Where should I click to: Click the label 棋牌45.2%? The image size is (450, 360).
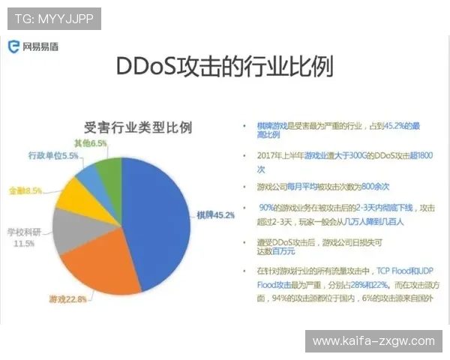tap(216, 214)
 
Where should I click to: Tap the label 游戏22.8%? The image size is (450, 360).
tap(68, 299)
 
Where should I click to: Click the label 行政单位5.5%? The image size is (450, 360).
tap(53, 156)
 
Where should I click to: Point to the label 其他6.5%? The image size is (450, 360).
tap(91, 142)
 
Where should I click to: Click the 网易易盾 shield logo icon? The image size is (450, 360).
tap(13, 46)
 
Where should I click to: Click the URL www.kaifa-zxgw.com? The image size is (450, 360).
tap(373, 341)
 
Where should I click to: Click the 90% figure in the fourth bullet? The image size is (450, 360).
tap(265, 207)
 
